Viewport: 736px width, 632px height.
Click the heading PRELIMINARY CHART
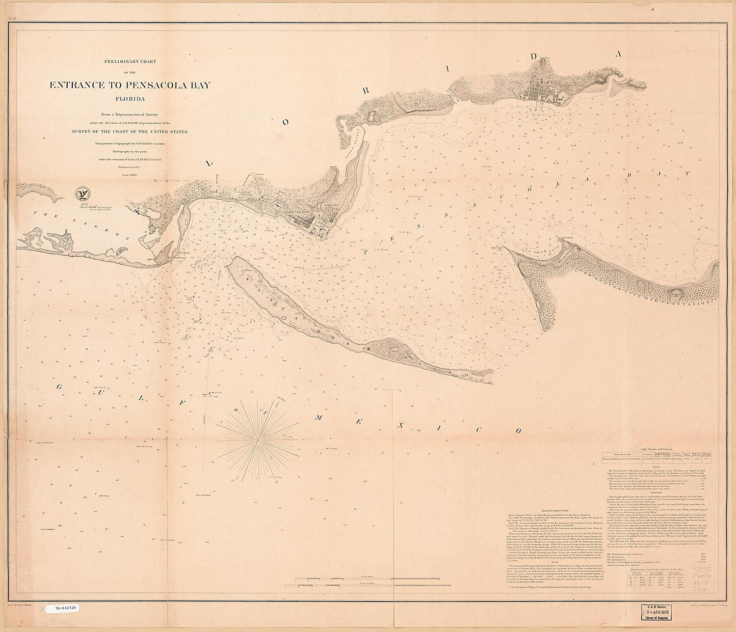pyautogui.click(x=130, y=62)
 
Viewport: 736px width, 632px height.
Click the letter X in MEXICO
pyautogui.click(x=400, y=425)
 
